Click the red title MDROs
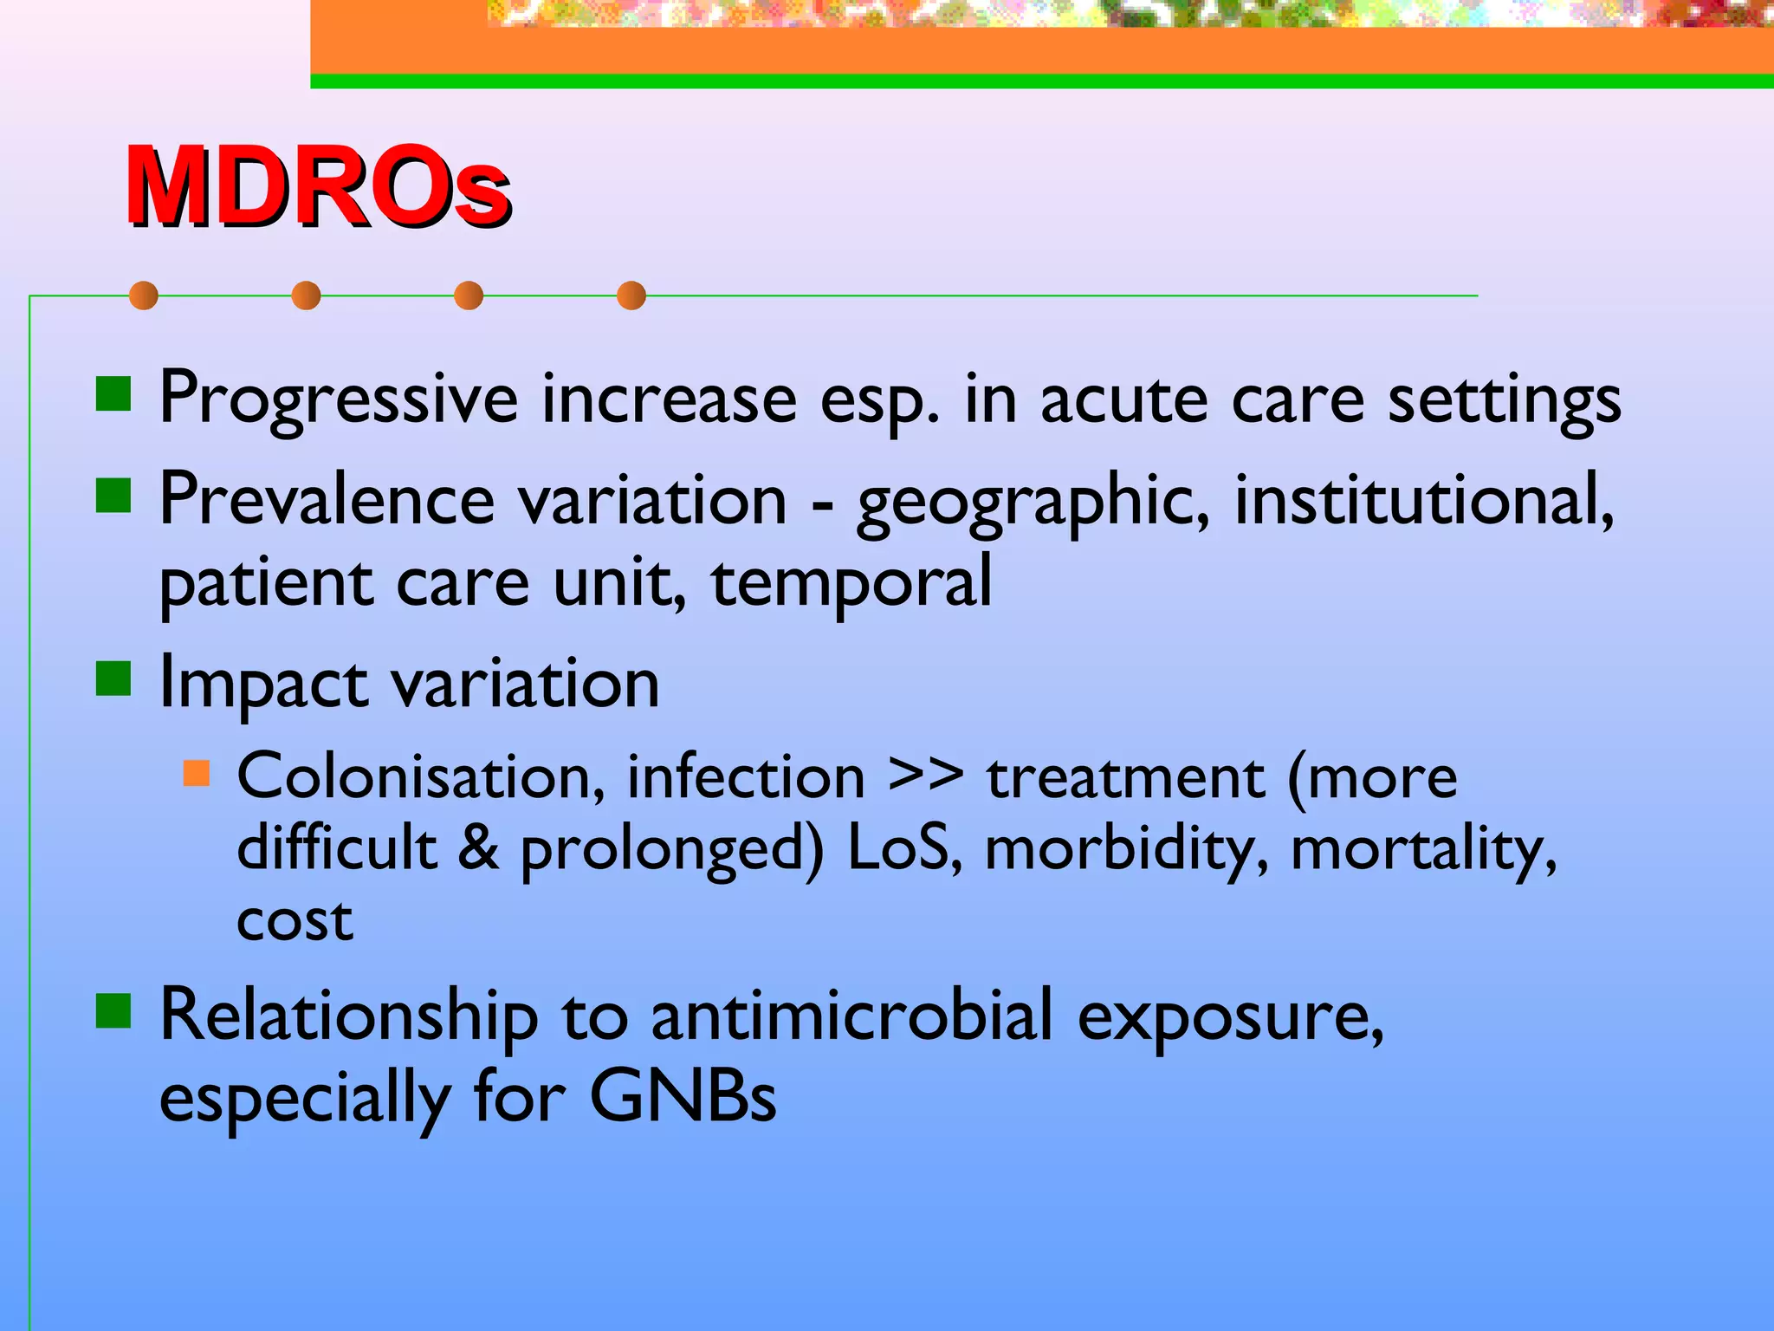[317, 186]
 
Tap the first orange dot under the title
[144, 295]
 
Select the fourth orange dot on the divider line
[631, 295]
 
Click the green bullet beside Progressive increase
[113, 394]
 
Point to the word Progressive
[339, 400]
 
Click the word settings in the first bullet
[1504, 400]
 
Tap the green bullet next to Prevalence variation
[113, 497]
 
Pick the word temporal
[851, 583]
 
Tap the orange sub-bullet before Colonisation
[197, 773]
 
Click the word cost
[295, 919]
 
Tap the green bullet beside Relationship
[113, 1010]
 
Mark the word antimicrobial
[851, 1016]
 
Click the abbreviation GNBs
[683, 1097]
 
